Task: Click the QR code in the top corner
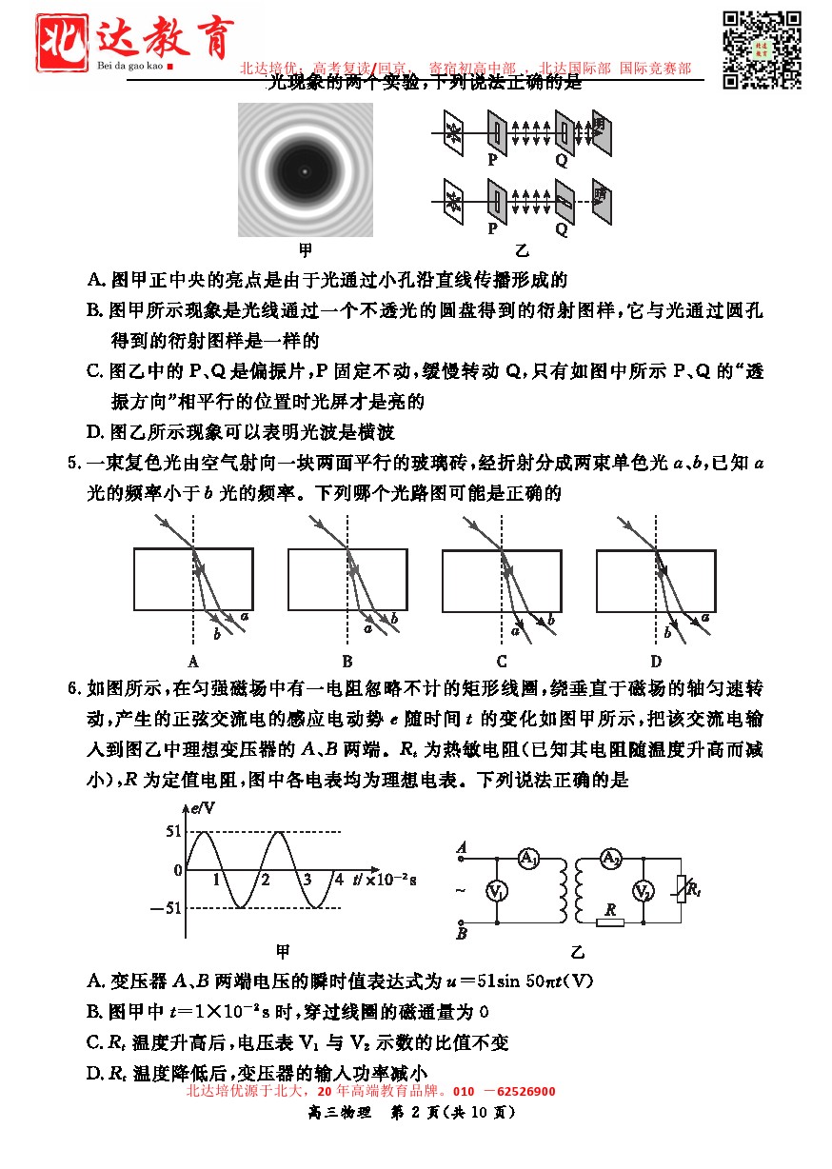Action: pyautogui.click(x=762, y=50)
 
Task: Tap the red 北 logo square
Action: pyautogui.click(x=65, y=42)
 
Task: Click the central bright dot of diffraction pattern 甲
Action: pyautogui.click(x=305, y=171)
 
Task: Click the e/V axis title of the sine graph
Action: pyautogui.click(x=204, y=809)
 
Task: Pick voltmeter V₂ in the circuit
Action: pyautogui.click(x=644, y=891)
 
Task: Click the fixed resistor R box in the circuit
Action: pyautogui.click(x=609, y=922)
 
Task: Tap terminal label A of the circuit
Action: pyautogui.click(x=462, y=846)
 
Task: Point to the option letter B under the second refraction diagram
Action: pyautogui.click(x=347, y=662)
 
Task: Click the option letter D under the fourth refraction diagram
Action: pyautogui.click(x=656, y=662)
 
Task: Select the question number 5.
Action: pyautogui.click(x=72, y=465)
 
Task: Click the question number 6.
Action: pyautogui.click(x=72, y=687)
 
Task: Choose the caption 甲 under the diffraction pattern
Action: pyautogui.click(x=306, y=250)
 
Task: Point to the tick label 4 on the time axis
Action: pyautogui.click(x=338, y=879)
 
